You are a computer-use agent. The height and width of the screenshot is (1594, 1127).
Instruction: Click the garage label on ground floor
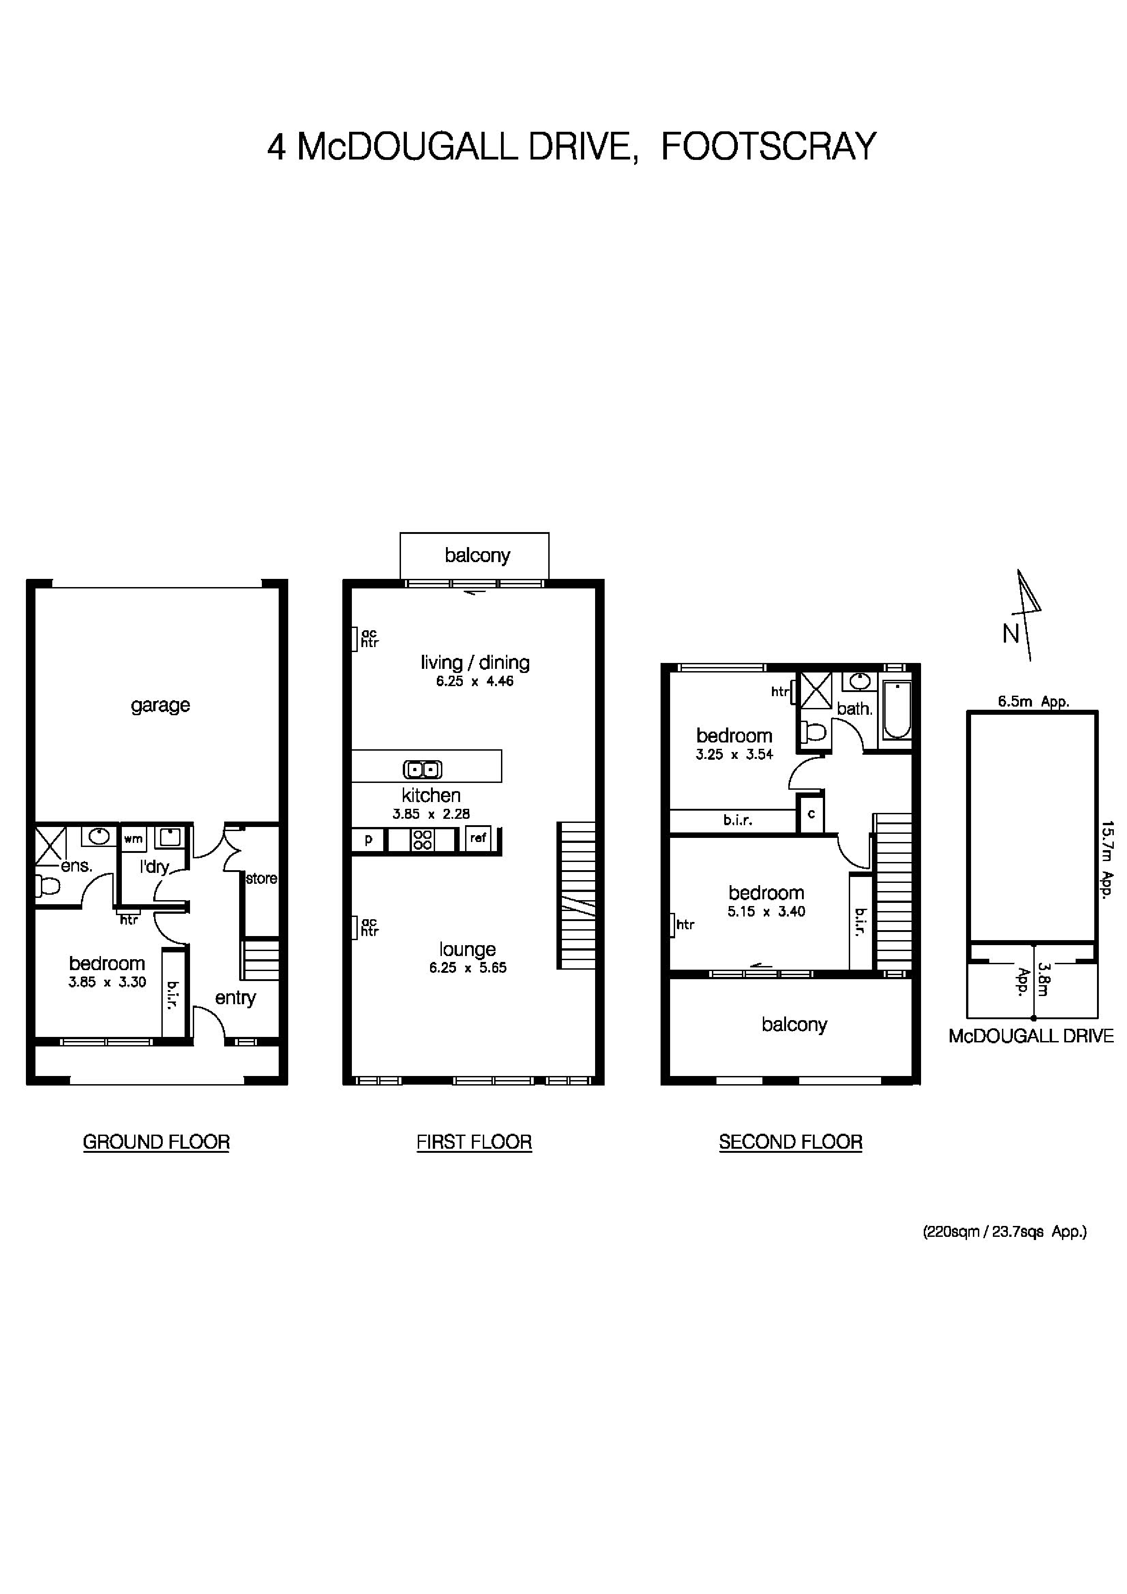click(x=160, y=705)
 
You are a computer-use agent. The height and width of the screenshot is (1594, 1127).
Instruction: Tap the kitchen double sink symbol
click(x=423, y=769)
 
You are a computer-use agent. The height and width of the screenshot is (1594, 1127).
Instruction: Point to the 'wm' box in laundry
click(x=133, y=839)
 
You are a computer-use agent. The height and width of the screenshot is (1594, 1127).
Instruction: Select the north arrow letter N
click(x=1010, y=634)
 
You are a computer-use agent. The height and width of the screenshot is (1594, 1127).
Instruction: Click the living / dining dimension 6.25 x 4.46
click(x=474, y=681)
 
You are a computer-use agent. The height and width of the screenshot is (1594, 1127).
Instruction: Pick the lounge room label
click(x=467, y=949)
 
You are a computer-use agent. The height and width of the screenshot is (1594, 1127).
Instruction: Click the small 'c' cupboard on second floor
click(x=811, y=814)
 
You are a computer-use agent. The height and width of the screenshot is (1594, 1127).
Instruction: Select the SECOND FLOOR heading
click(x=790, y=1142)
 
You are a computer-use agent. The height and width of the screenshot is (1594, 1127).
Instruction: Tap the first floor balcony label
click(x=477, y=555)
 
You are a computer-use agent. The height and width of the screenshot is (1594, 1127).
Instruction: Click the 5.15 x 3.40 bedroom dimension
click(x=766, y=912)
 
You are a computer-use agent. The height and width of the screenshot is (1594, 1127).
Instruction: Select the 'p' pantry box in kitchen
click(x=368, y=839)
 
